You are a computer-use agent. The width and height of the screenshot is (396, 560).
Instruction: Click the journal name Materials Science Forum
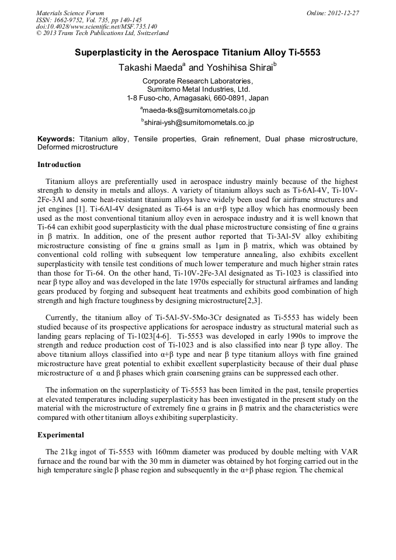[70, 13]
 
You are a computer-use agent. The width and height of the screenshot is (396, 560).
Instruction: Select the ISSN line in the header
[89, 20]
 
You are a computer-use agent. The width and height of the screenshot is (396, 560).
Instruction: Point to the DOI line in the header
[96, 26]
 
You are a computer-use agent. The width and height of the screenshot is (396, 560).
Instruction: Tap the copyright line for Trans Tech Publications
[102, 33]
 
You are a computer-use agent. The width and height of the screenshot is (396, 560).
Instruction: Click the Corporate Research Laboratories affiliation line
[197, 81]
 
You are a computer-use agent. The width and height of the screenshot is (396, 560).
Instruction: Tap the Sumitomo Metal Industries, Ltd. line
[197, 89]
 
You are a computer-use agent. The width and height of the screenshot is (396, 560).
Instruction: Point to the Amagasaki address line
[197, 98]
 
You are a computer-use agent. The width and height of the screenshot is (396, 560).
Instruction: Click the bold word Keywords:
[56, 139]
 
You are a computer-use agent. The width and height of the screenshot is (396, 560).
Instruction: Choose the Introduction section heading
[59, 165]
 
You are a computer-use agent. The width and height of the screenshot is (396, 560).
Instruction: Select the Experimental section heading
[61, 435]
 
